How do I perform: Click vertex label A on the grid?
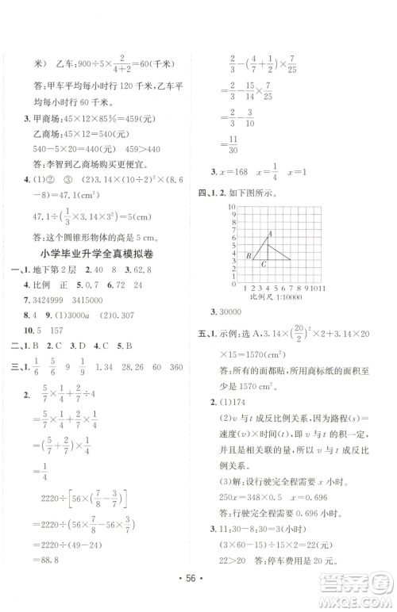tap(271, 233)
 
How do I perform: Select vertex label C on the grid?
tap(264, 262)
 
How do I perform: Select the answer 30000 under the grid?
tap(248, 318)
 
